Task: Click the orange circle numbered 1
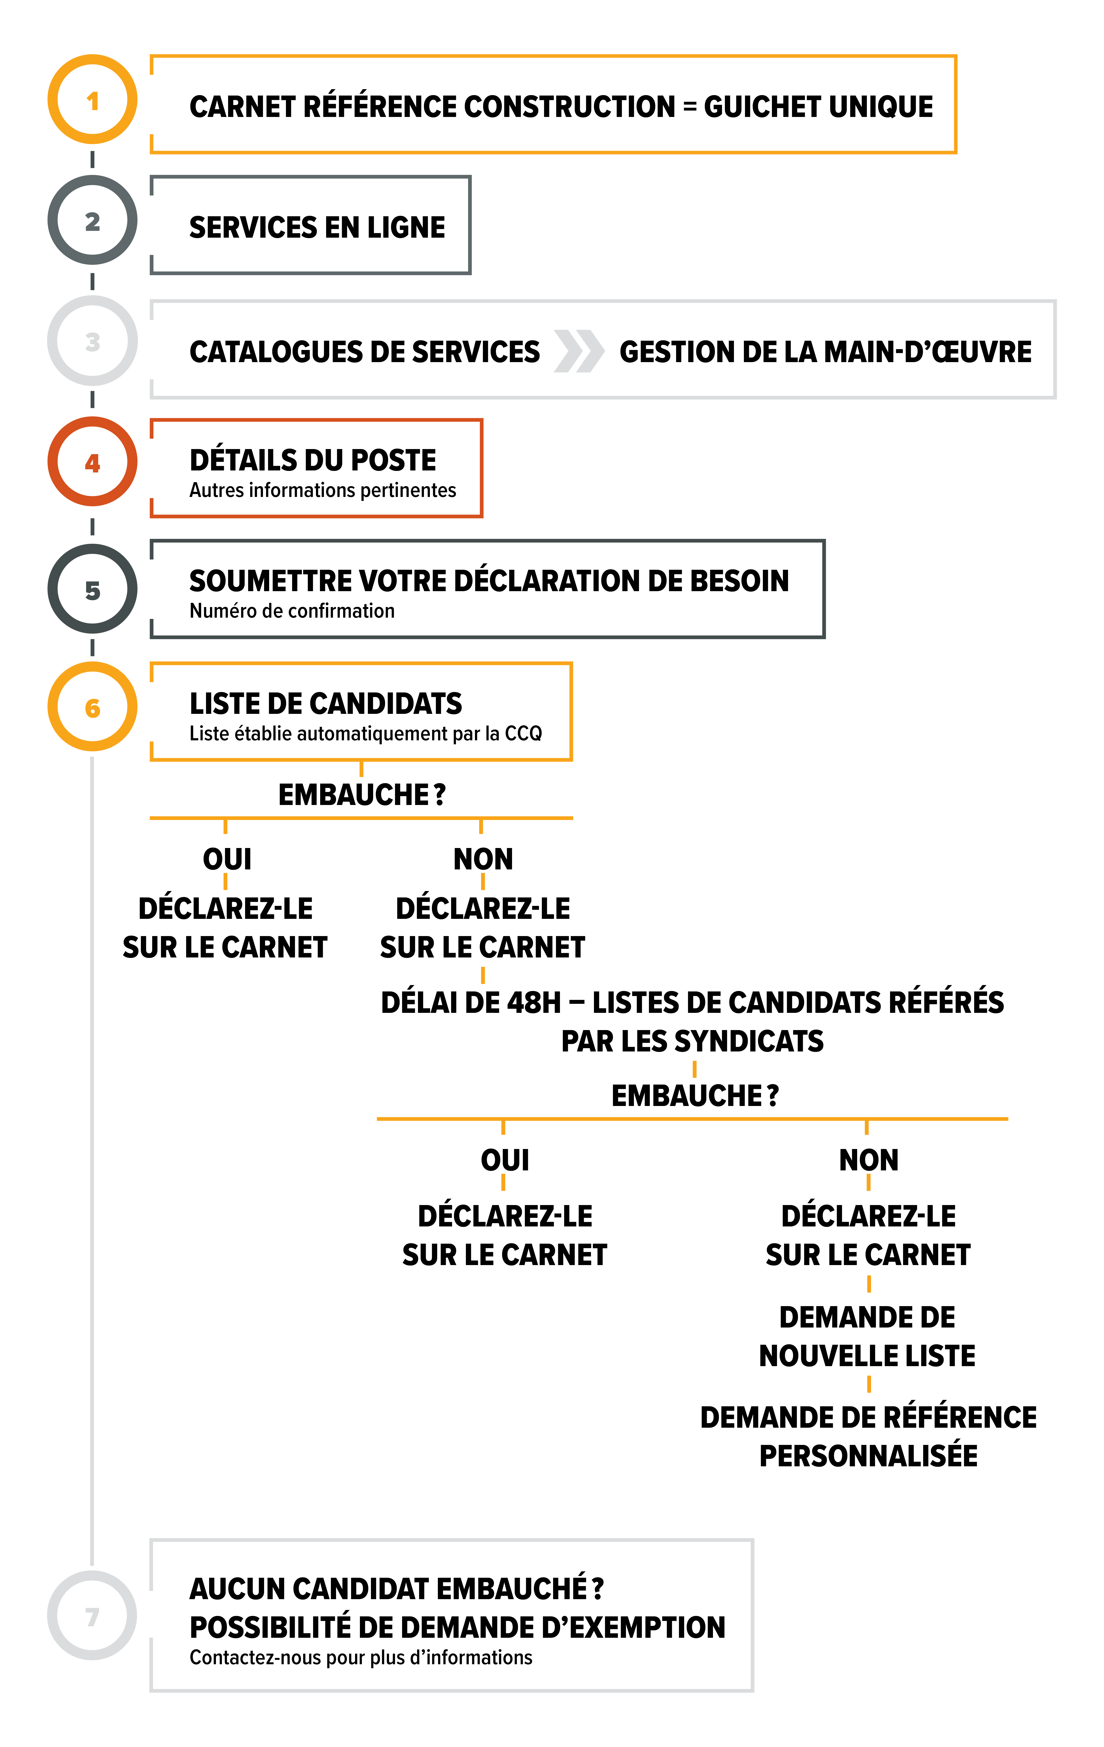coord(92,99)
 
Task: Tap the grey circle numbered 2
coord(92,220)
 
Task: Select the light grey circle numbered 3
coord(92,341)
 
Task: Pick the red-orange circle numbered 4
coord(92,461)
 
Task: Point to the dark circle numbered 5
coord(92,589)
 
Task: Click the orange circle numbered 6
coord(92,707)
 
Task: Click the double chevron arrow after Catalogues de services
coord(578,351)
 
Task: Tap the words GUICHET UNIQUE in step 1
coord(818,107)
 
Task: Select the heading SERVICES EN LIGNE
coord(317,227)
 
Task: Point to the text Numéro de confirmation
coord(292,611)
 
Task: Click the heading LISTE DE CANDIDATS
coord(326,703)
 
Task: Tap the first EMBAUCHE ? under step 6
coord(361,794)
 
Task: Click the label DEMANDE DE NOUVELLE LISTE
coord(867,1336)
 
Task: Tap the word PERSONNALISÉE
coord(868,1455)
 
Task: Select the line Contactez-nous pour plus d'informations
coord(361,1658)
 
